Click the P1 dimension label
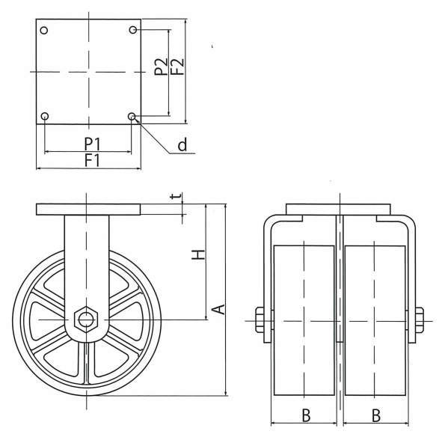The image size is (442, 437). pyautogui.click(x=93, y=144)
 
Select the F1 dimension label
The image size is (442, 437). pyautogui.click(x=93, y=160)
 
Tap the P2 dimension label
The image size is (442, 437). pyautogui.click(x=161, y=67)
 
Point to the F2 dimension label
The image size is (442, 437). pyautogui.click(x=177, y=67)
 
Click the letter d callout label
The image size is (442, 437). pyautogui.click(x=182, y=144)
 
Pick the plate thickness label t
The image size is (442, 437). pyautogui.click(x=176, y=195)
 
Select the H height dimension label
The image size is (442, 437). pyautogui.click(x=198, y=254)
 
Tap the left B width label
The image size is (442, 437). pyautogui.click(x=306, y=415)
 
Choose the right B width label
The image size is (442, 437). pyautogui.click(x=376, y=415)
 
